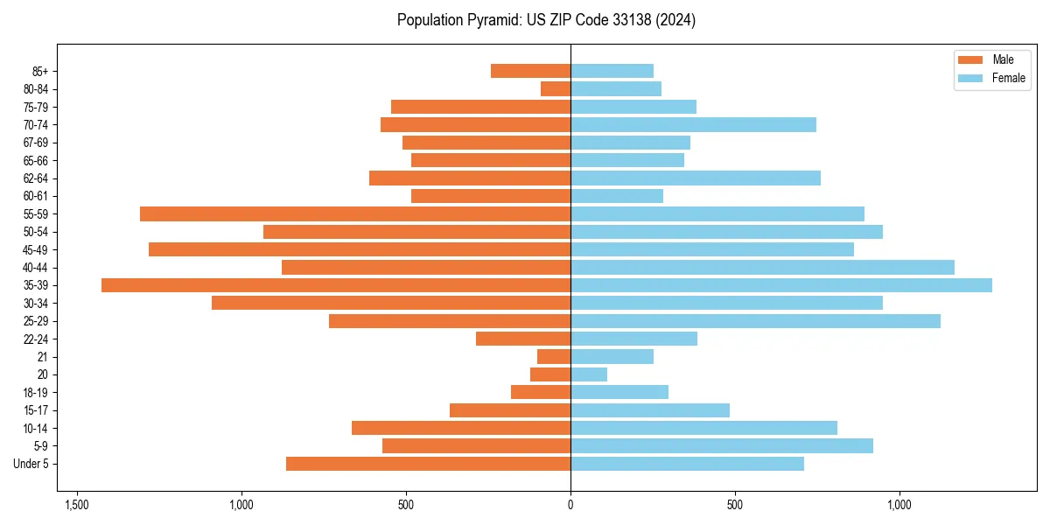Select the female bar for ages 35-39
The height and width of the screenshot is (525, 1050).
(x=780, y=285)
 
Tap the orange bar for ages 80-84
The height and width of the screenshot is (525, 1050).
(x=556, y=88)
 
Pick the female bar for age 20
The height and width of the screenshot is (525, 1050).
(x=588, y=374)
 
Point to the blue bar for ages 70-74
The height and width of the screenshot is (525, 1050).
(x=693, y=124)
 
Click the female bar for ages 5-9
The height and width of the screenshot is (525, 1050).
(x=721, y=445)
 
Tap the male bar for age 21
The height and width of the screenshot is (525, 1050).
(x=554, y=356)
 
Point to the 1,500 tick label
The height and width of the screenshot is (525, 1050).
(x=77, y=505)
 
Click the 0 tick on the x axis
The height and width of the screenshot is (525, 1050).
(x=570, y=505)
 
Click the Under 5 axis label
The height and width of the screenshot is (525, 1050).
(x=31, y=464)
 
